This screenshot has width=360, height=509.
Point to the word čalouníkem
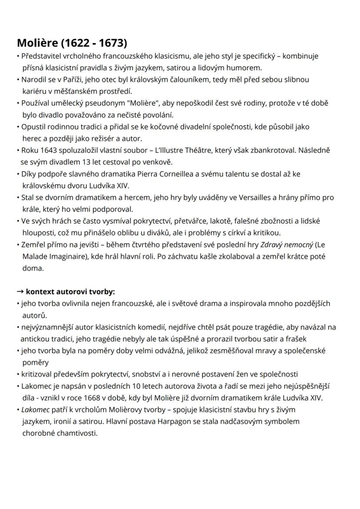click(177, 80)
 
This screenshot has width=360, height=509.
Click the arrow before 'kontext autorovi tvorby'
click(20, 291)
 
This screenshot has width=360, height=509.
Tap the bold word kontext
click(40, 291)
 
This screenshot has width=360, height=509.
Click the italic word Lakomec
click(34, 409)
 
